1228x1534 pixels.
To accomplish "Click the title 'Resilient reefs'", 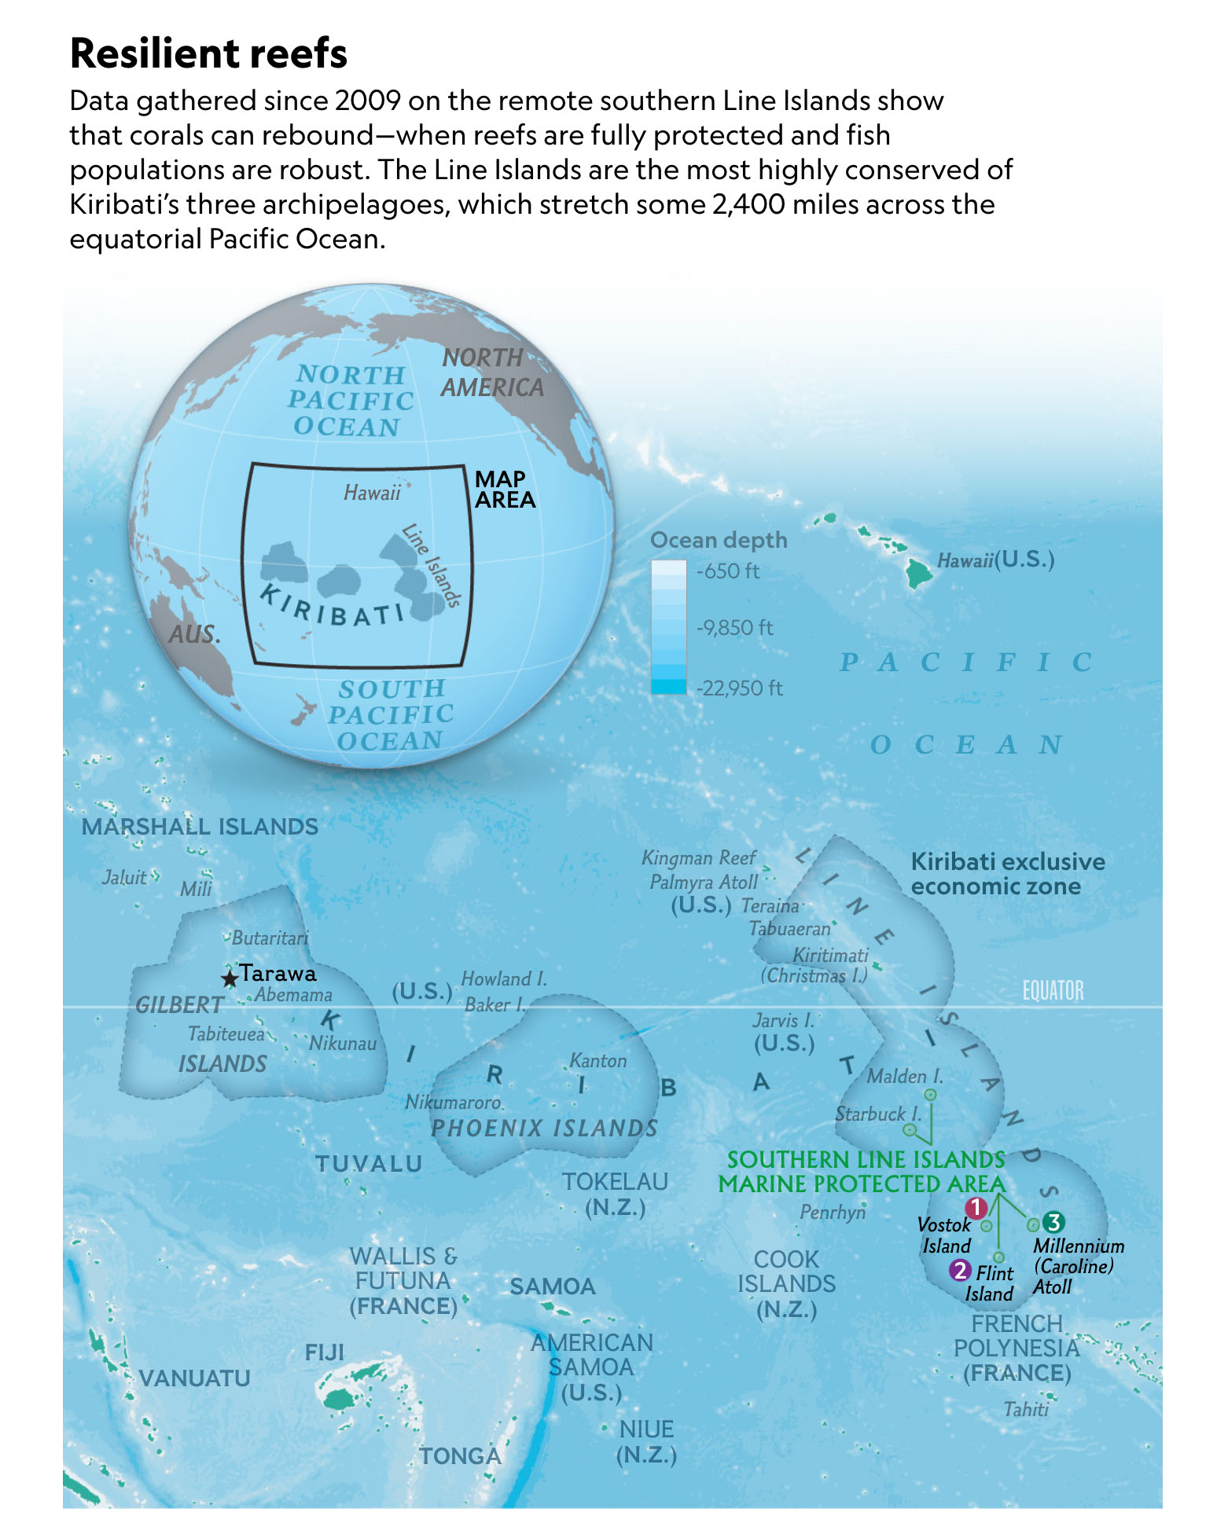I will pos(208,53).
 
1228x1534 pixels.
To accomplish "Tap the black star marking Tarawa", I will pos(229,978).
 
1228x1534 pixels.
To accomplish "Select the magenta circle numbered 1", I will pos(976,1208).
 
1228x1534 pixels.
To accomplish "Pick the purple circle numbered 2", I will pos(959,1269).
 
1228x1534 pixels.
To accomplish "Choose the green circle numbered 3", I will pos(1053,1222).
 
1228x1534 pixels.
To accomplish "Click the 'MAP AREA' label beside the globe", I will pos(504,490).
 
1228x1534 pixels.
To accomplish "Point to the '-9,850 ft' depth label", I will pos(734,628).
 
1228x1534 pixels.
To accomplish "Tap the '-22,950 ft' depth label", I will pos(739,688).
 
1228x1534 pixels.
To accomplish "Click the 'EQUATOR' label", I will pos(1052,991).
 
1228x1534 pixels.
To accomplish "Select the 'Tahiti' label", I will pos(1026,1409).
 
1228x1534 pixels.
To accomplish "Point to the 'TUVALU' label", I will pos(369,1164).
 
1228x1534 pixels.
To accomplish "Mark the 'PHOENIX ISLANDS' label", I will pos(544,1128).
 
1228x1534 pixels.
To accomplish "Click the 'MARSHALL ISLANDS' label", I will pos(200,827).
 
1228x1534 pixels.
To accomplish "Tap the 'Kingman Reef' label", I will pos(698,858).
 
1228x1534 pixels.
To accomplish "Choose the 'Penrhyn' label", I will pos(832,1213).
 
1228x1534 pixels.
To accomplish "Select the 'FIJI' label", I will pos(325,1352).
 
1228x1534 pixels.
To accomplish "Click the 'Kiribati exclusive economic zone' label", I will pos(1007,874).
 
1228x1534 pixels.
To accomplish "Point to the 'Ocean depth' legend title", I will pos(719,540).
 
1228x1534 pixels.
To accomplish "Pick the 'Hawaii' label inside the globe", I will pos(372,493).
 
